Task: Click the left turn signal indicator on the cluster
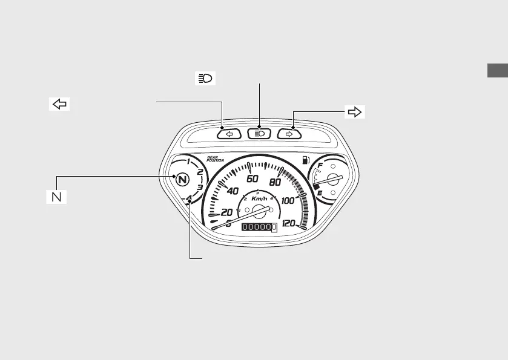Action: pos(229,134)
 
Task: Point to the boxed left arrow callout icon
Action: pos(59,103)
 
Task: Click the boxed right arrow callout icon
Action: pos(355,111)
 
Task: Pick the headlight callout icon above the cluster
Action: pos(204,79)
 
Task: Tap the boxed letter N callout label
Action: pos(58,197)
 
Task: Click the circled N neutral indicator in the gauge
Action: pos(180,179)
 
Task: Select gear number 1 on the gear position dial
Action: pos(189,162)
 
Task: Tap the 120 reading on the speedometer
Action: pos(289,223)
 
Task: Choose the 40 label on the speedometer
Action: pos(232,191)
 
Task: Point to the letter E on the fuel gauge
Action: pos(319,194)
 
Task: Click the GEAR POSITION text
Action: pos(215,159)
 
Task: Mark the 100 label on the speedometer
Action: pos(288,200)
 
